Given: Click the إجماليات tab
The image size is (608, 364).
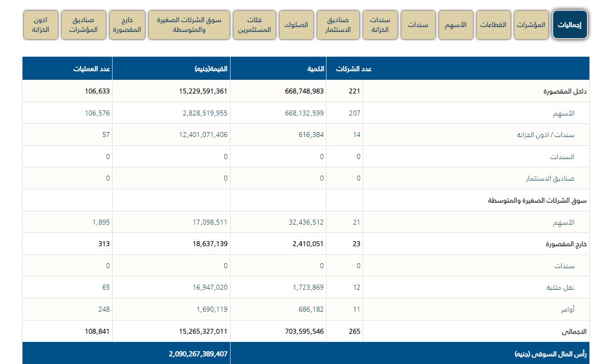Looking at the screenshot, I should (570, 25).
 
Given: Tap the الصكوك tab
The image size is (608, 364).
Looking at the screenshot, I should (296, 25).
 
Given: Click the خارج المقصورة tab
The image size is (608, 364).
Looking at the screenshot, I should (127, 25).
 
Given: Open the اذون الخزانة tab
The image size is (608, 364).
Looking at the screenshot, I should (41, 25).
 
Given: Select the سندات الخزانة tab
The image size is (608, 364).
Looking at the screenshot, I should (380, 25).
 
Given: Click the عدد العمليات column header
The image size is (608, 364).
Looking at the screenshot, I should (93, 69).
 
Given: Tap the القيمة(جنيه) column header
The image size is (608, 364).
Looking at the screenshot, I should (211, 69).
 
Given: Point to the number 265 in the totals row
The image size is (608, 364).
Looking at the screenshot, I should (355, 331).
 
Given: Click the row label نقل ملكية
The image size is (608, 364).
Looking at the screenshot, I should (561, 288).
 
